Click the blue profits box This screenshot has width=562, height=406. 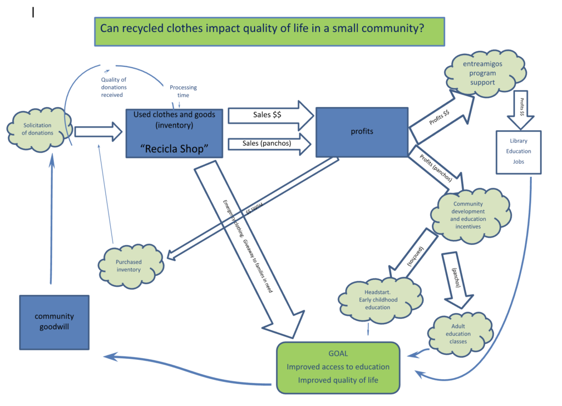click(362, 132)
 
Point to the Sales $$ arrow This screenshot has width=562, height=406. click(269, 115)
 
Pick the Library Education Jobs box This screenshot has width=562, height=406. click(518, 152)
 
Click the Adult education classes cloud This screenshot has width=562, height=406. click(458, 333)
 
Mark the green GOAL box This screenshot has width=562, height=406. click(338, 367)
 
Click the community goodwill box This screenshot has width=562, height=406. click(54, 322)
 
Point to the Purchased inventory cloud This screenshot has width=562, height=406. click(128, 265)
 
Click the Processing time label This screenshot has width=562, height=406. click(183, 91)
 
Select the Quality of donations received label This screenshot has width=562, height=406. click(114, 87)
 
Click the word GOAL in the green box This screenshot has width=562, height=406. click(338, 354)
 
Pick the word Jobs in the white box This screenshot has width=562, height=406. click(518, 162)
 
